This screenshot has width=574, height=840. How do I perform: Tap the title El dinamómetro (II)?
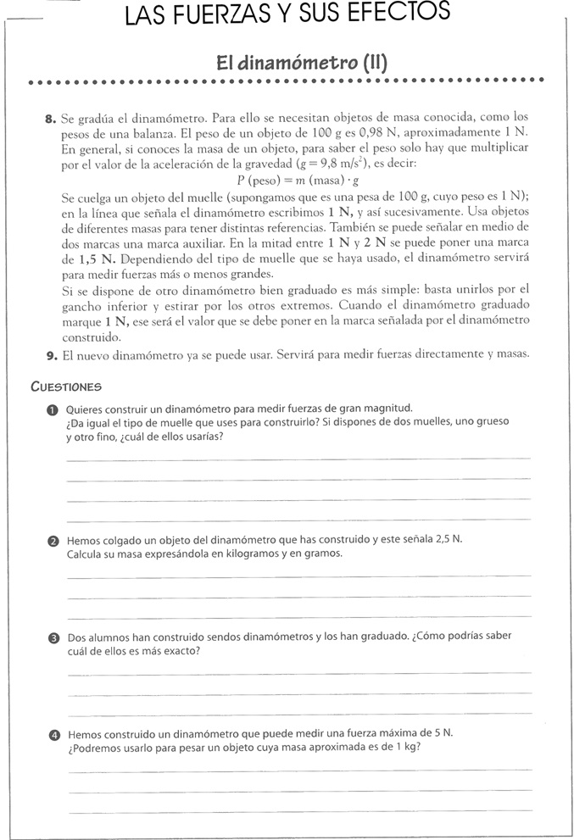(302, 62)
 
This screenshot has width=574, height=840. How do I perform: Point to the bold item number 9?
(50, 355)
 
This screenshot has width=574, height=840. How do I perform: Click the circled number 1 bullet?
(53, 409)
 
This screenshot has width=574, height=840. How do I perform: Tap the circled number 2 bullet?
(53, 541)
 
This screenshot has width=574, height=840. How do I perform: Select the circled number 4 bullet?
(53, 735)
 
